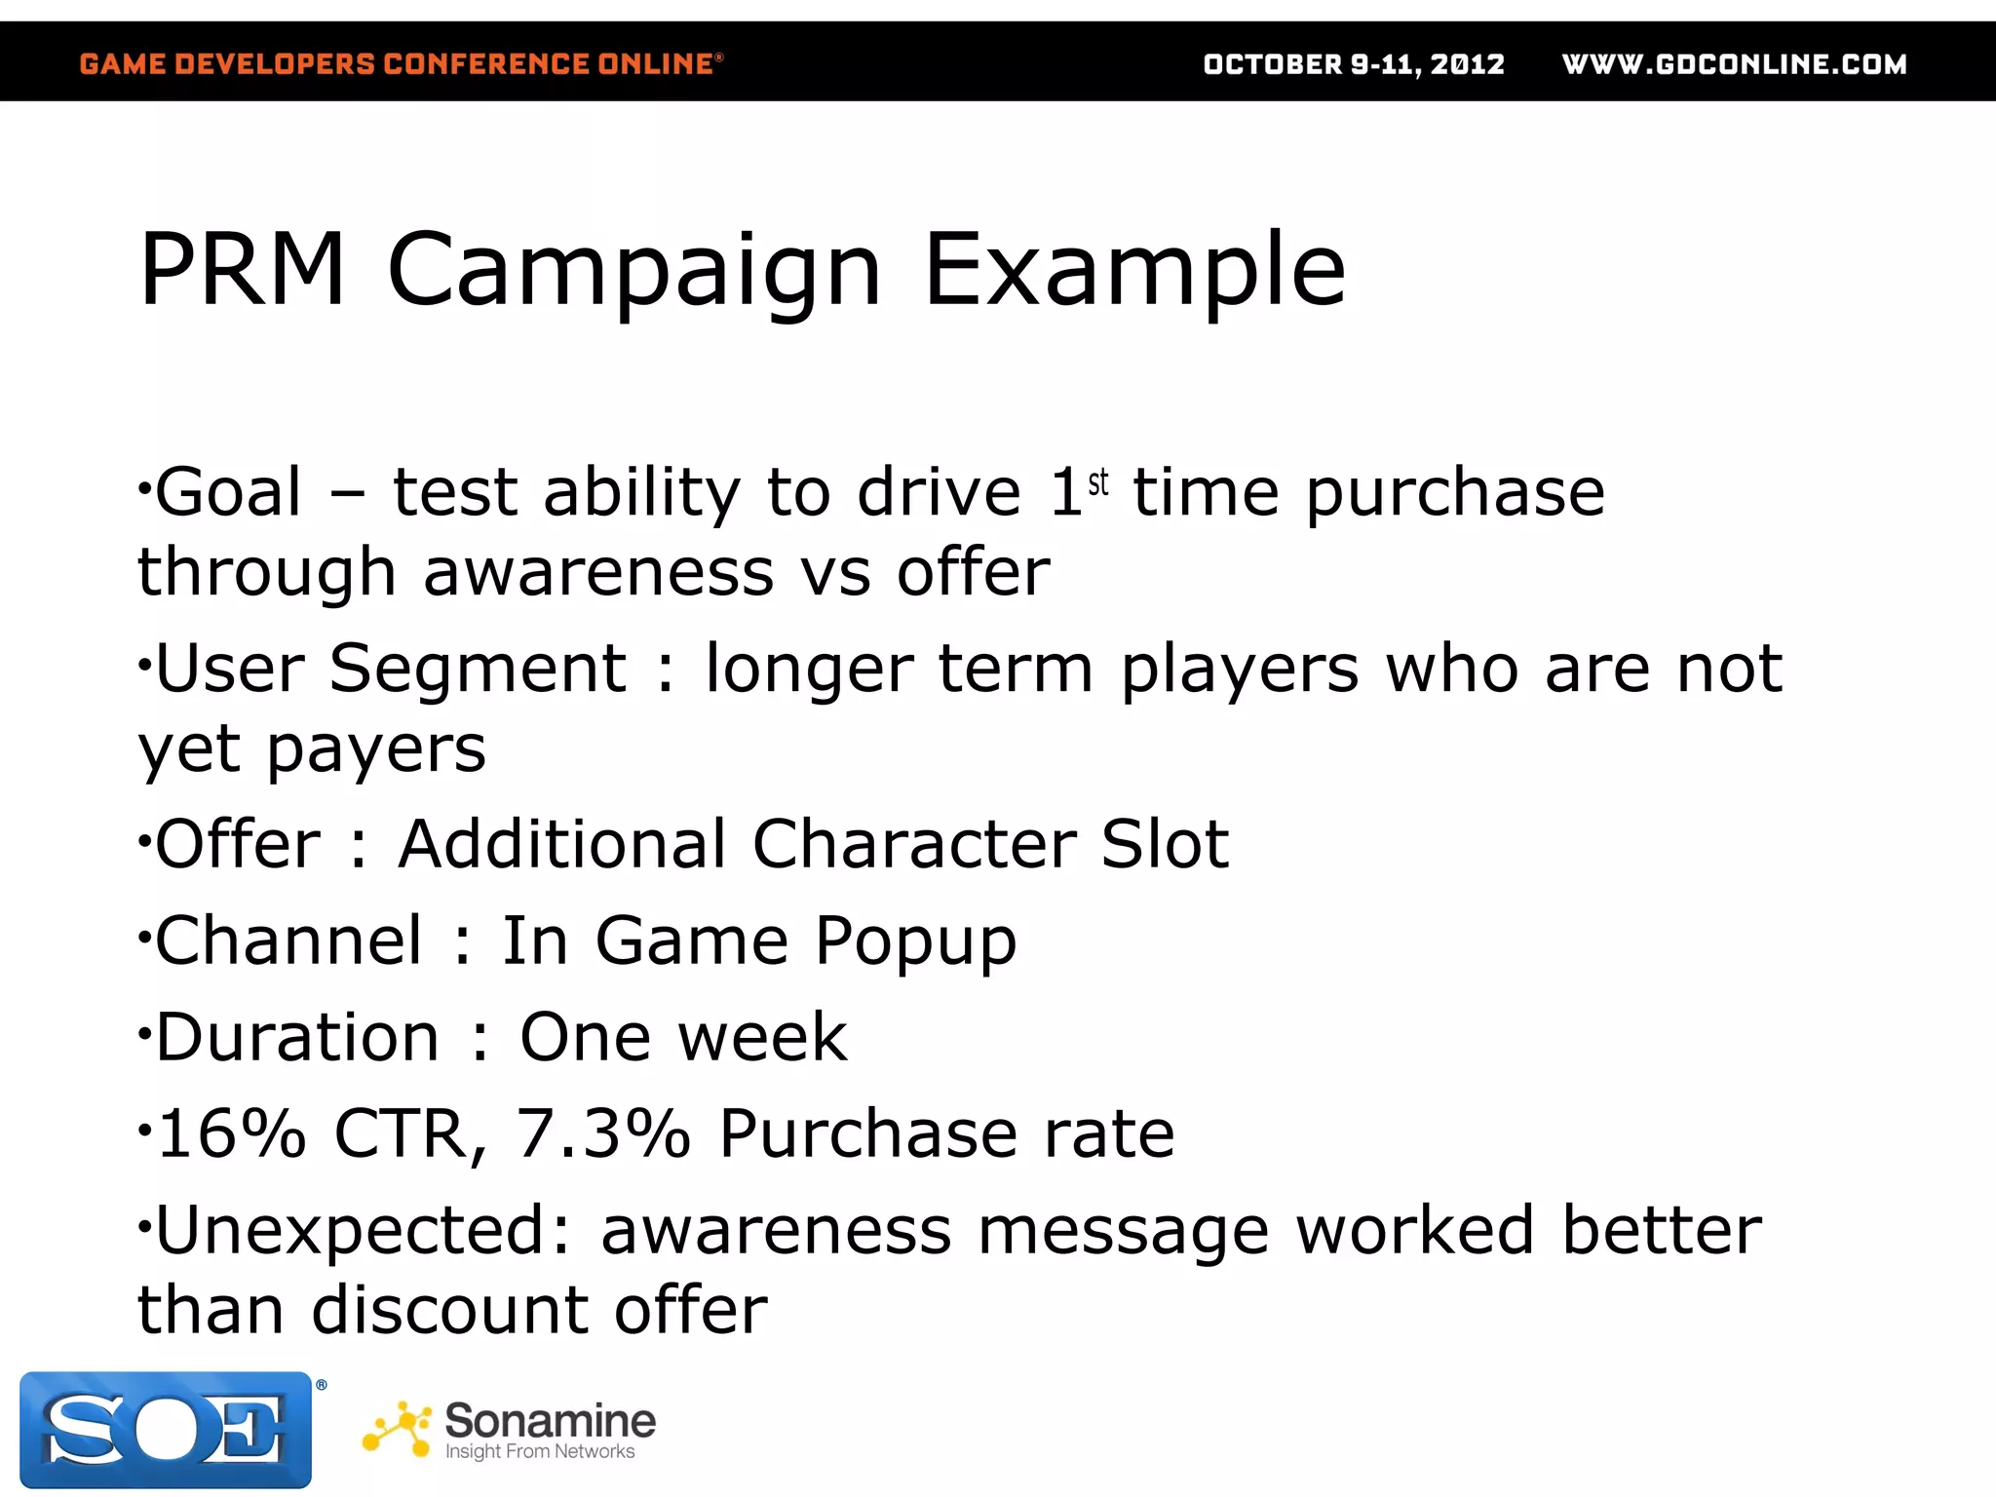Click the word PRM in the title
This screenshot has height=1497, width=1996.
pos(242,269)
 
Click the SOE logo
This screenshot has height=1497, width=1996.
pos(166,1429)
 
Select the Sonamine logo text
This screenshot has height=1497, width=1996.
pos(550,1420)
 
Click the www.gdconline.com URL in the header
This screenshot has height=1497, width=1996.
pos(1734,64)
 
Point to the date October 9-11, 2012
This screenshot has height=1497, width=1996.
pos(1354,64)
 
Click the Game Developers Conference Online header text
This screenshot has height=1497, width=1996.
pos(401,64)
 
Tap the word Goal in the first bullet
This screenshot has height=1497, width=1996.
pos(228,491)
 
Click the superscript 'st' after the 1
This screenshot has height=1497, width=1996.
pos(1098,481)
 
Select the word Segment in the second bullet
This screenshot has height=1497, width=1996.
pos(478,669)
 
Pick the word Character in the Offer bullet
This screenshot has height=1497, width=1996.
pos(913,843)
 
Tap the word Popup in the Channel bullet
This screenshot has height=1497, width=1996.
pos(915,941)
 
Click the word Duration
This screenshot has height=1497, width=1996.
pos(297,1036)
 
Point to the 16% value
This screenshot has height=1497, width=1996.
pos(232,1133)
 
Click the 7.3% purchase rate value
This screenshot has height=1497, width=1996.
pos(602,1133)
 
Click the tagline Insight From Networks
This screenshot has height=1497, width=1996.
pos(540,1451)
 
